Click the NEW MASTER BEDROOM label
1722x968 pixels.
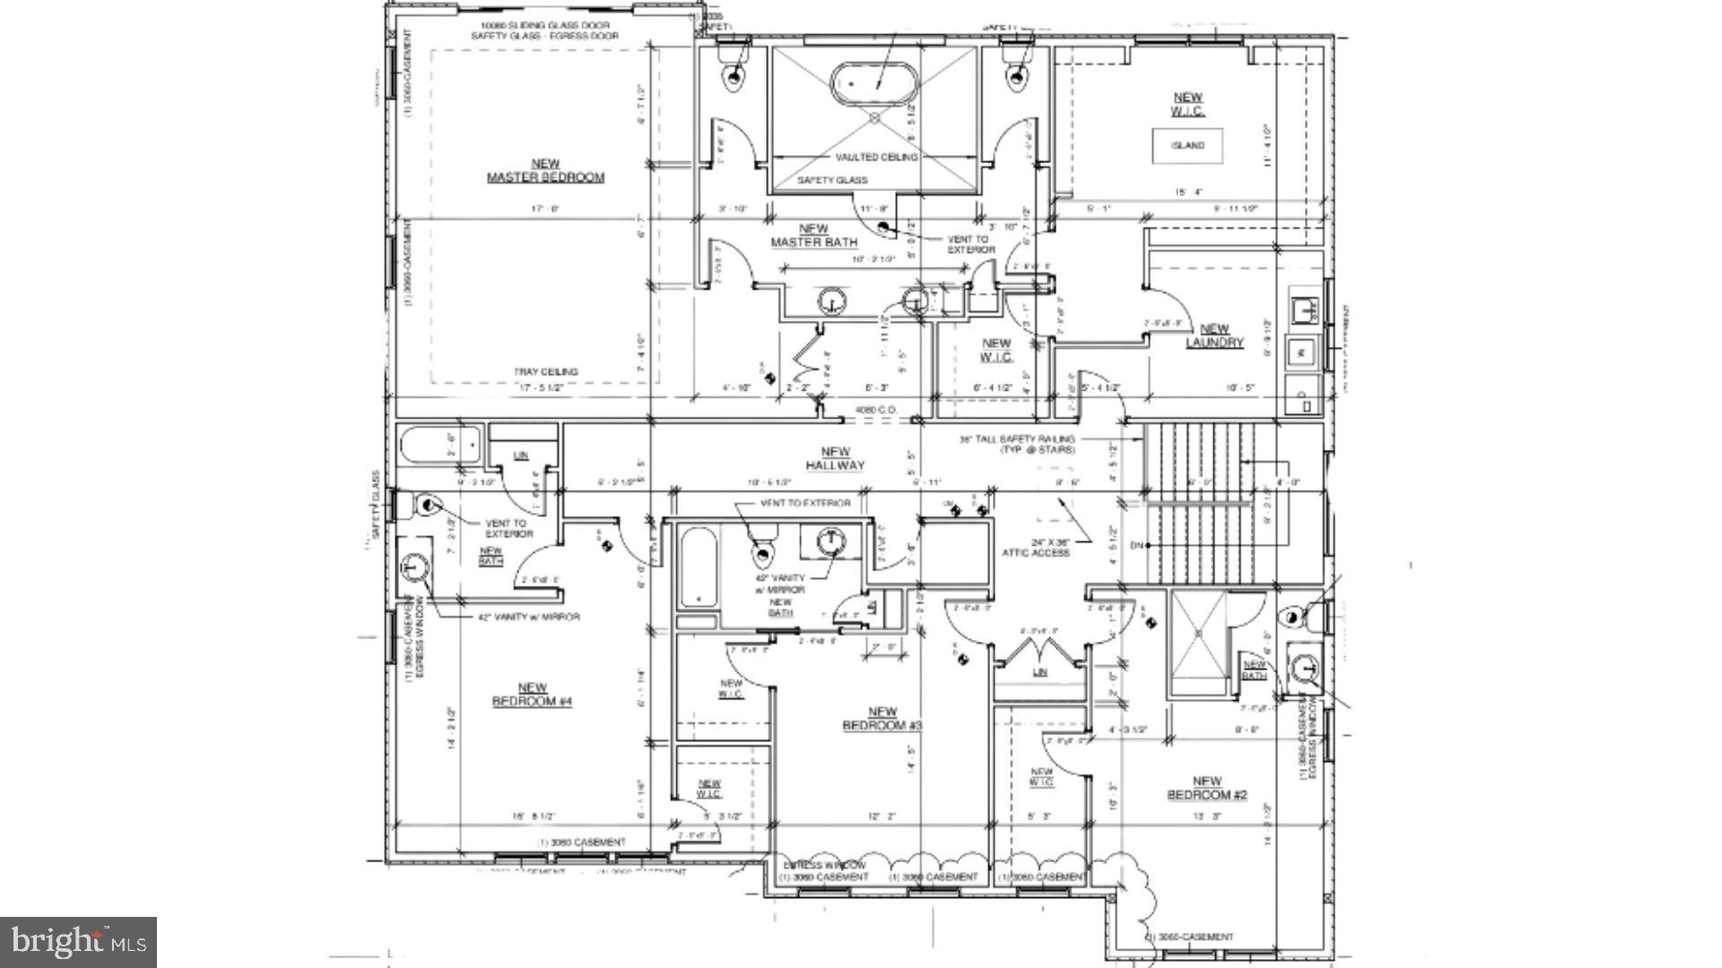point(545,170)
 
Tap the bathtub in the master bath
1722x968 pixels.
point(874,83)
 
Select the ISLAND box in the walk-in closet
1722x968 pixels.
point(1187,145)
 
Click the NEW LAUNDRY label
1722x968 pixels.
point(1214,336)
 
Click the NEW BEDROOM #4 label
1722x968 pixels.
point(532,695)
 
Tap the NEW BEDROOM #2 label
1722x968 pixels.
point(1206,788)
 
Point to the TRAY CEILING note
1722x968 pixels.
point(545,371)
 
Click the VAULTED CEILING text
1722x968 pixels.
point(876,157)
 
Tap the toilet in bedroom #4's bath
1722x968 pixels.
point(425,507)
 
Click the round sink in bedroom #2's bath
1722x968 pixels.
point(1305,668)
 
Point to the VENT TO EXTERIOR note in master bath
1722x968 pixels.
point(970,244)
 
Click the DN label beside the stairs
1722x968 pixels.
point(1136,545)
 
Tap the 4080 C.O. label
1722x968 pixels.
point(870,410)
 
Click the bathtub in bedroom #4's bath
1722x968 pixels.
point(440,445)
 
